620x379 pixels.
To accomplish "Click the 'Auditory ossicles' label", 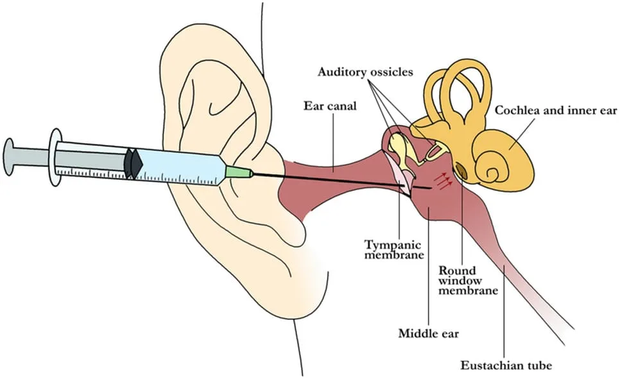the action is pyautogui.click(x=365, y=72).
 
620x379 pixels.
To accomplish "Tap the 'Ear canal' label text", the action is pyautogui.click(x=330, y=106).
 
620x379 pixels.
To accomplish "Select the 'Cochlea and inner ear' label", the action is pyautogui.click(x=556, y=110).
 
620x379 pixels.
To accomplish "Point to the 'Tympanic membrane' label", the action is pyautogui.click(x=394, y=249).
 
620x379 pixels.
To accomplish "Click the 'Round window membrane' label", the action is pyautogui.click(x=468, y=281).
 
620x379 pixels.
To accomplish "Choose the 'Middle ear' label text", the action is pyautogui.click(x=429, y=333).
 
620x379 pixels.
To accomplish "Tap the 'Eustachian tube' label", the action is pyautogui.click(x=506, y=365).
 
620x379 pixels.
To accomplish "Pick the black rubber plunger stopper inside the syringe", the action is pyautogui.click(x=133, y=163).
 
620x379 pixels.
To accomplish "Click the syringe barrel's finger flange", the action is pyautogui.click(x=55, y=157).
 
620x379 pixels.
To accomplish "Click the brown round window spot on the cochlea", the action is pyautogui.click(x=461, y=170).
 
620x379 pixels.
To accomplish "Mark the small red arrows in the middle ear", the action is pyautogui.click(x=442, y=181).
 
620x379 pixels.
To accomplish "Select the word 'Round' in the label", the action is pyautogui.click(x=457, y=270).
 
